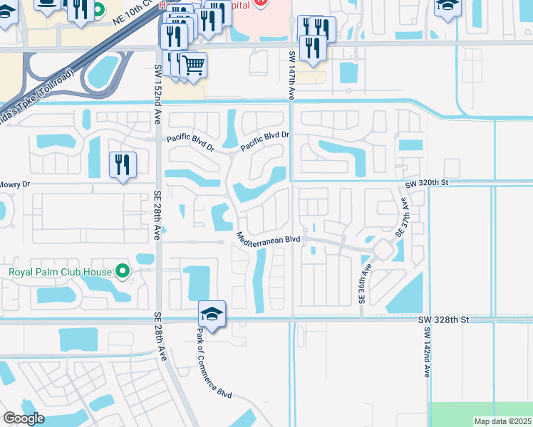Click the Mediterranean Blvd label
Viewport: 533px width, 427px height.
[269, 240]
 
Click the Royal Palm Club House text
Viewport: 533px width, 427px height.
[60, 272]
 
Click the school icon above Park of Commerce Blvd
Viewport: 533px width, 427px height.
[212, 314]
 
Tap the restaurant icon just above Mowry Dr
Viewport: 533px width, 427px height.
[123, 165]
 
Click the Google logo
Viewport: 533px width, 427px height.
[24, 418]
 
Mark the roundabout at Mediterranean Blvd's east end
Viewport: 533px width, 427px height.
[381, 249]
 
